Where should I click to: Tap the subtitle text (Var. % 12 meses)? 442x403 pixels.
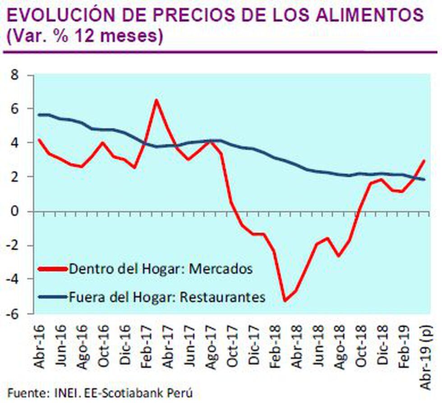tap(84, 37)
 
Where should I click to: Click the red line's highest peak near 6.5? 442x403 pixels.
tap(156, 100)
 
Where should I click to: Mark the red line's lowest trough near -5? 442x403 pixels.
tap(285, 300)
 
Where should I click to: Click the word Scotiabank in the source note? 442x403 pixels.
tap(141, 393)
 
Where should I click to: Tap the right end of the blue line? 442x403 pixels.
tap(424, 179)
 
